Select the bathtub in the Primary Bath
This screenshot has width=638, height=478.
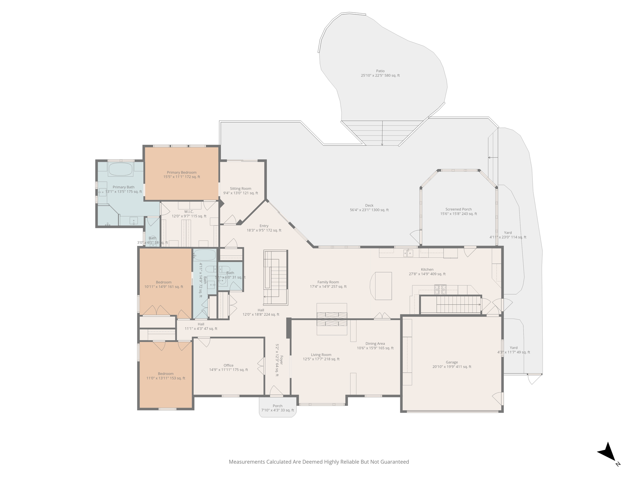click(x=121, y=169)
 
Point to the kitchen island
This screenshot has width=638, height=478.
click(x=383, y=286)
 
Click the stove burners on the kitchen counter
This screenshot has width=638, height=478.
click(x=440, y=289)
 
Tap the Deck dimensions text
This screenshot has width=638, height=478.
click(x=369, y=210)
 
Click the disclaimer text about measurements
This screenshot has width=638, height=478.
click(x=319, y=462)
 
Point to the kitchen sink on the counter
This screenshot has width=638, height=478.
click(x=408, y=253)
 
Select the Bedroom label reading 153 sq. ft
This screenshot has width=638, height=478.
click(x=166, y=376)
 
